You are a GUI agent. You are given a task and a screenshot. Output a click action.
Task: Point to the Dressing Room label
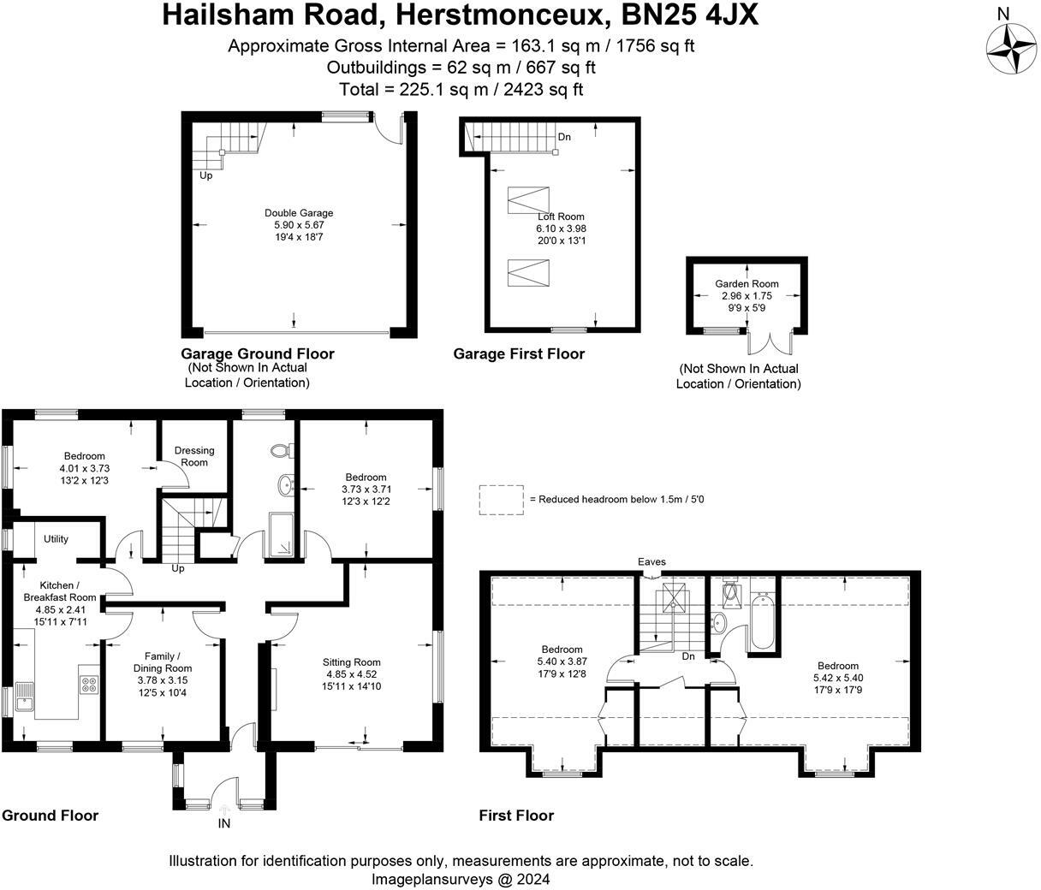pyautogui.click(x=194, y=456)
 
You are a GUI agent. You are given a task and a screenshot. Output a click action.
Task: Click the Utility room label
pyautogui.click(x=56, y=539)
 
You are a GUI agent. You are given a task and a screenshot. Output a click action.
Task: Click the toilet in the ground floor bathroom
pyautogui.click(x=280, y=451)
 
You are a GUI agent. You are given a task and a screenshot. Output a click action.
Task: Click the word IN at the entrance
pyautogui.click(x=224, y=824)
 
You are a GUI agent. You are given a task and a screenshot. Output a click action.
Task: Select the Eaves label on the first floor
pyautogui.click(x=651, y=562)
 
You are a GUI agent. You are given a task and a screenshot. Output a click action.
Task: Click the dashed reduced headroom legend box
pyautogui.click(x=501, y=500)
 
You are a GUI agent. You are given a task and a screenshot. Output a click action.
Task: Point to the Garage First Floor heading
pyautogui.click(x=519, y=354)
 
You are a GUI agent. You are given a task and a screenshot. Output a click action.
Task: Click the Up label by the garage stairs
pyautogui.click(x=206, y=176)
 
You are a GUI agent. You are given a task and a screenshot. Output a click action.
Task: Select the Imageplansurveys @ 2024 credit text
pyautogui.click(x=461, y=879)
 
